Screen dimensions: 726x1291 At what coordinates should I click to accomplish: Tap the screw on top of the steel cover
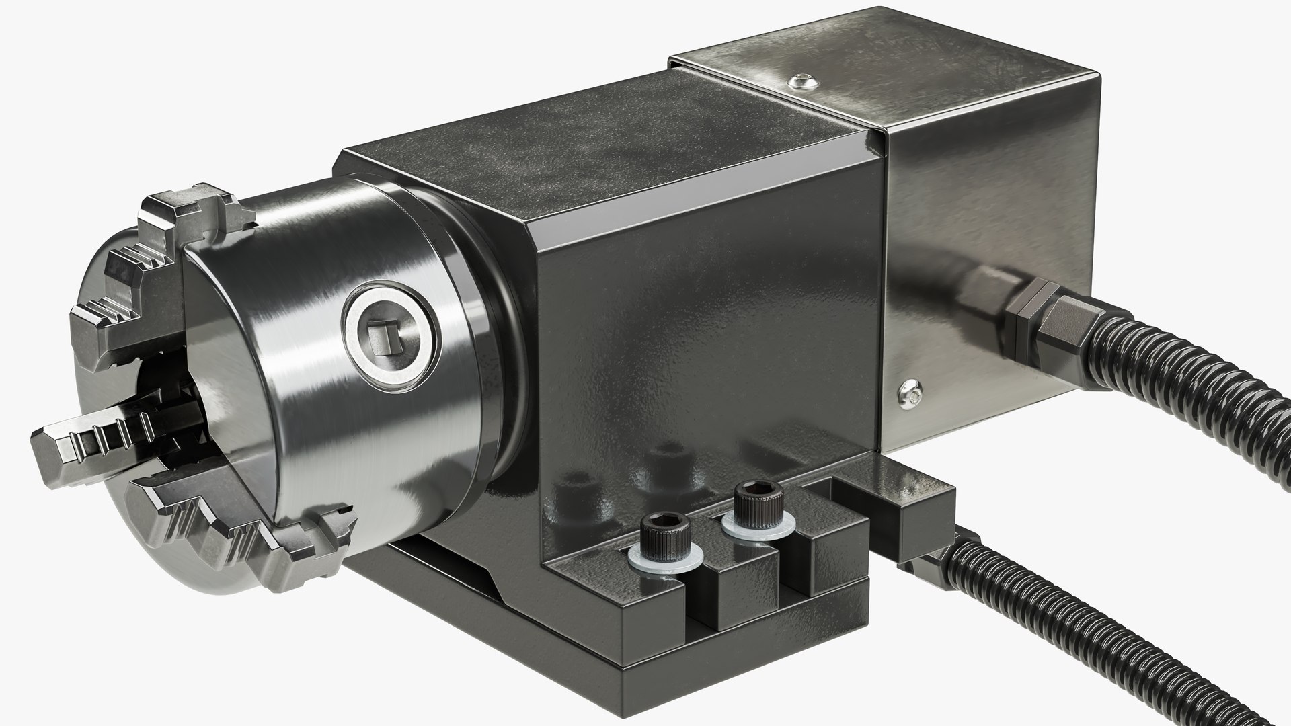pos(803,81)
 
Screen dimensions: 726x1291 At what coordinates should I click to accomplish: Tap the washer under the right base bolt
pos(756,528)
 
